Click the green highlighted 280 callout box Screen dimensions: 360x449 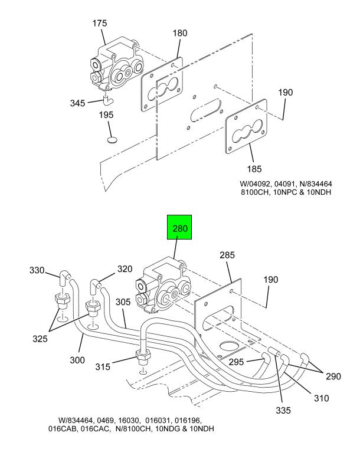[179, 227]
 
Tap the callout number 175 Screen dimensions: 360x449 [99, 23]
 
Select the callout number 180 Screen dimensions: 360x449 [180, 33]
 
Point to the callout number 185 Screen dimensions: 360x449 [254, 169]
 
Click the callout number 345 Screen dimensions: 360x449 [78, 103]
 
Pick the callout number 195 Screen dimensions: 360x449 [106, 115]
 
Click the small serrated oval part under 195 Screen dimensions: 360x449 [111, 140]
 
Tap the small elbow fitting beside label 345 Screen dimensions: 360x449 [107, 100]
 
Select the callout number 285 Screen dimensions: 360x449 [227, 255]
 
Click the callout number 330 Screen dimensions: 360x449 [37, 270]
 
